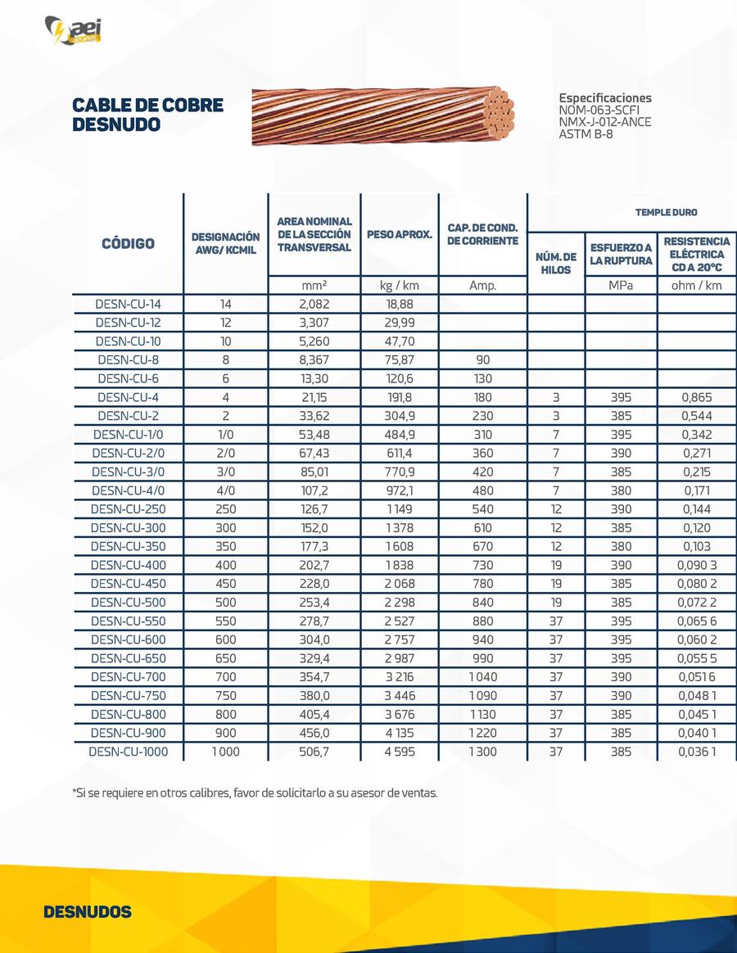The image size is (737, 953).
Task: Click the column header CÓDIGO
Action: (x=128, y=243)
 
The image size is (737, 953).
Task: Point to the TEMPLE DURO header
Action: (x=667, y=212)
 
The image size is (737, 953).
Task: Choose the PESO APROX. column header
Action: (x=400, y=234)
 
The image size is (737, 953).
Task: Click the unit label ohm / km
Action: (x=697, y=286)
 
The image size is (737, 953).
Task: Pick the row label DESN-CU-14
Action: (x=128, y=305)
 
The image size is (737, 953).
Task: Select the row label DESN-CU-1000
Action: (x=128, y=751)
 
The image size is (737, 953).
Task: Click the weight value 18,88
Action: (x=400, y=305)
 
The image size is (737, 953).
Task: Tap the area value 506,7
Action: (x=314, y=751)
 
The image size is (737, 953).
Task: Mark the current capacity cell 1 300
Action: (x=482, y=751)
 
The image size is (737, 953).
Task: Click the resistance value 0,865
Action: (x=697, y=397)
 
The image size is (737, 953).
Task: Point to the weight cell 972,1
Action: (x=400, y=490)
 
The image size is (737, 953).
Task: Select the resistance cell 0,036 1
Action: (x=697, y=751)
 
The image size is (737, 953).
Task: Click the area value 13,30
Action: (x=314, y=378)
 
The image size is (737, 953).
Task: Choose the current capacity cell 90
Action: (x=482, y=359)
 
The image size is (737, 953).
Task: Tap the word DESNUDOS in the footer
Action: (x=87, y=912)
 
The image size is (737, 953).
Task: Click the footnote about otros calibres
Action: (x=255, y=793)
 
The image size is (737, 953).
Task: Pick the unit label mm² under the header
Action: (x=314, y=286)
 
